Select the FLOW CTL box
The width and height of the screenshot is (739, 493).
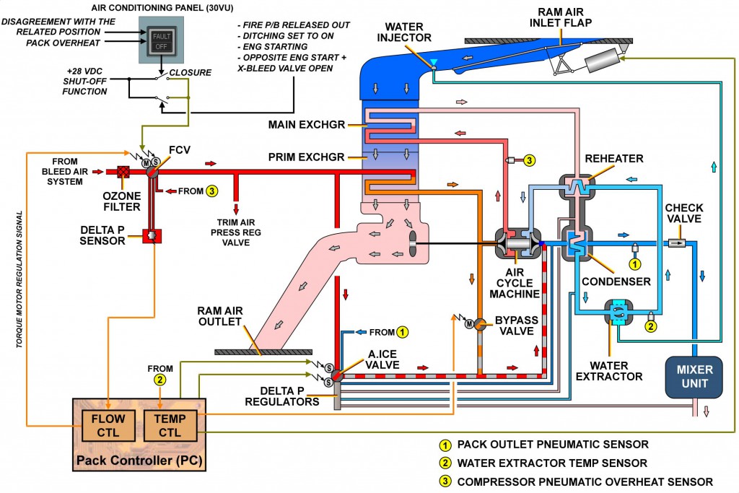point(107,423)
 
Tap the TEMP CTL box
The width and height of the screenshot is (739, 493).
point(170,423)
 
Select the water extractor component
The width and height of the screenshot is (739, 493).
point(616,312)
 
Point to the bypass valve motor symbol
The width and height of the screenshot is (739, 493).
point(468,323)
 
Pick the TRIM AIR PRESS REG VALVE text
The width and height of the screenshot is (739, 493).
point(236,232)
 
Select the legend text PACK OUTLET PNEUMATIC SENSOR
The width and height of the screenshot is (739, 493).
point(553,444)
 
